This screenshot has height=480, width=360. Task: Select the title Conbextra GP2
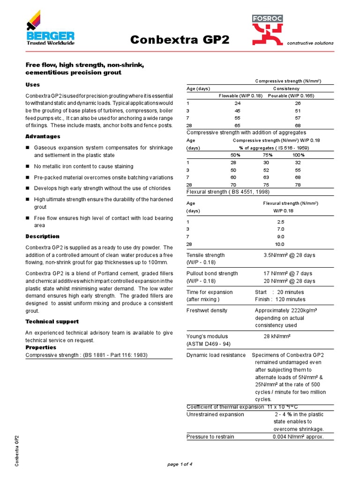click(x=180, y=40)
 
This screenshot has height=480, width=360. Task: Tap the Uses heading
click(x=32, y=85)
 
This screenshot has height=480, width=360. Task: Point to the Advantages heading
click(x=43, y=136)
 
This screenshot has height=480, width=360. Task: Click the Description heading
click(x=42, y=236)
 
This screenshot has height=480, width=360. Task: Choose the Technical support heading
click(x=52, y=322)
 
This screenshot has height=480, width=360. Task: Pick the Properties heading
click(x=40, y=347)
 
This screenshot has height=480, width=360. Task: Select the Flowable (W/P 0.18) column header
click(x=240, y=96)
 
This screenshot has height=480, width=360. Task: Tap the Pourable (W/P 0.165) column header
click(x=291, y=96)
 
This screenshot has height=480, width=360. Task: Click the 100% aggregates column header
click(x=298, y=155)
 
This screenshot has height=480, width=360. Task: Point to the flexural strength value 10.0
click(x=280, y=244)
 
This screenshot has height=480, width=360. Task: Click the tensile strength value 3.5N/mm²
click(x=289, y=255)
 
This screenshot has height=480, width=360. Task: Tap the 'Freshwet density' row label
click(x=207, y=310)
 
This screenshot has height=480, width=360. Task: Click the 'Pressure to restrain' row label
click(x=210, y=437)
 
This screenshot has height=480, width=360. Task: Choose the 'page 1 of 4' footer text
click(x=180, y=464)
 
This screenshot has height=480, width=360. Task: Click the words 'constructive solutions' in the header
click(x=310, y=43)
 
